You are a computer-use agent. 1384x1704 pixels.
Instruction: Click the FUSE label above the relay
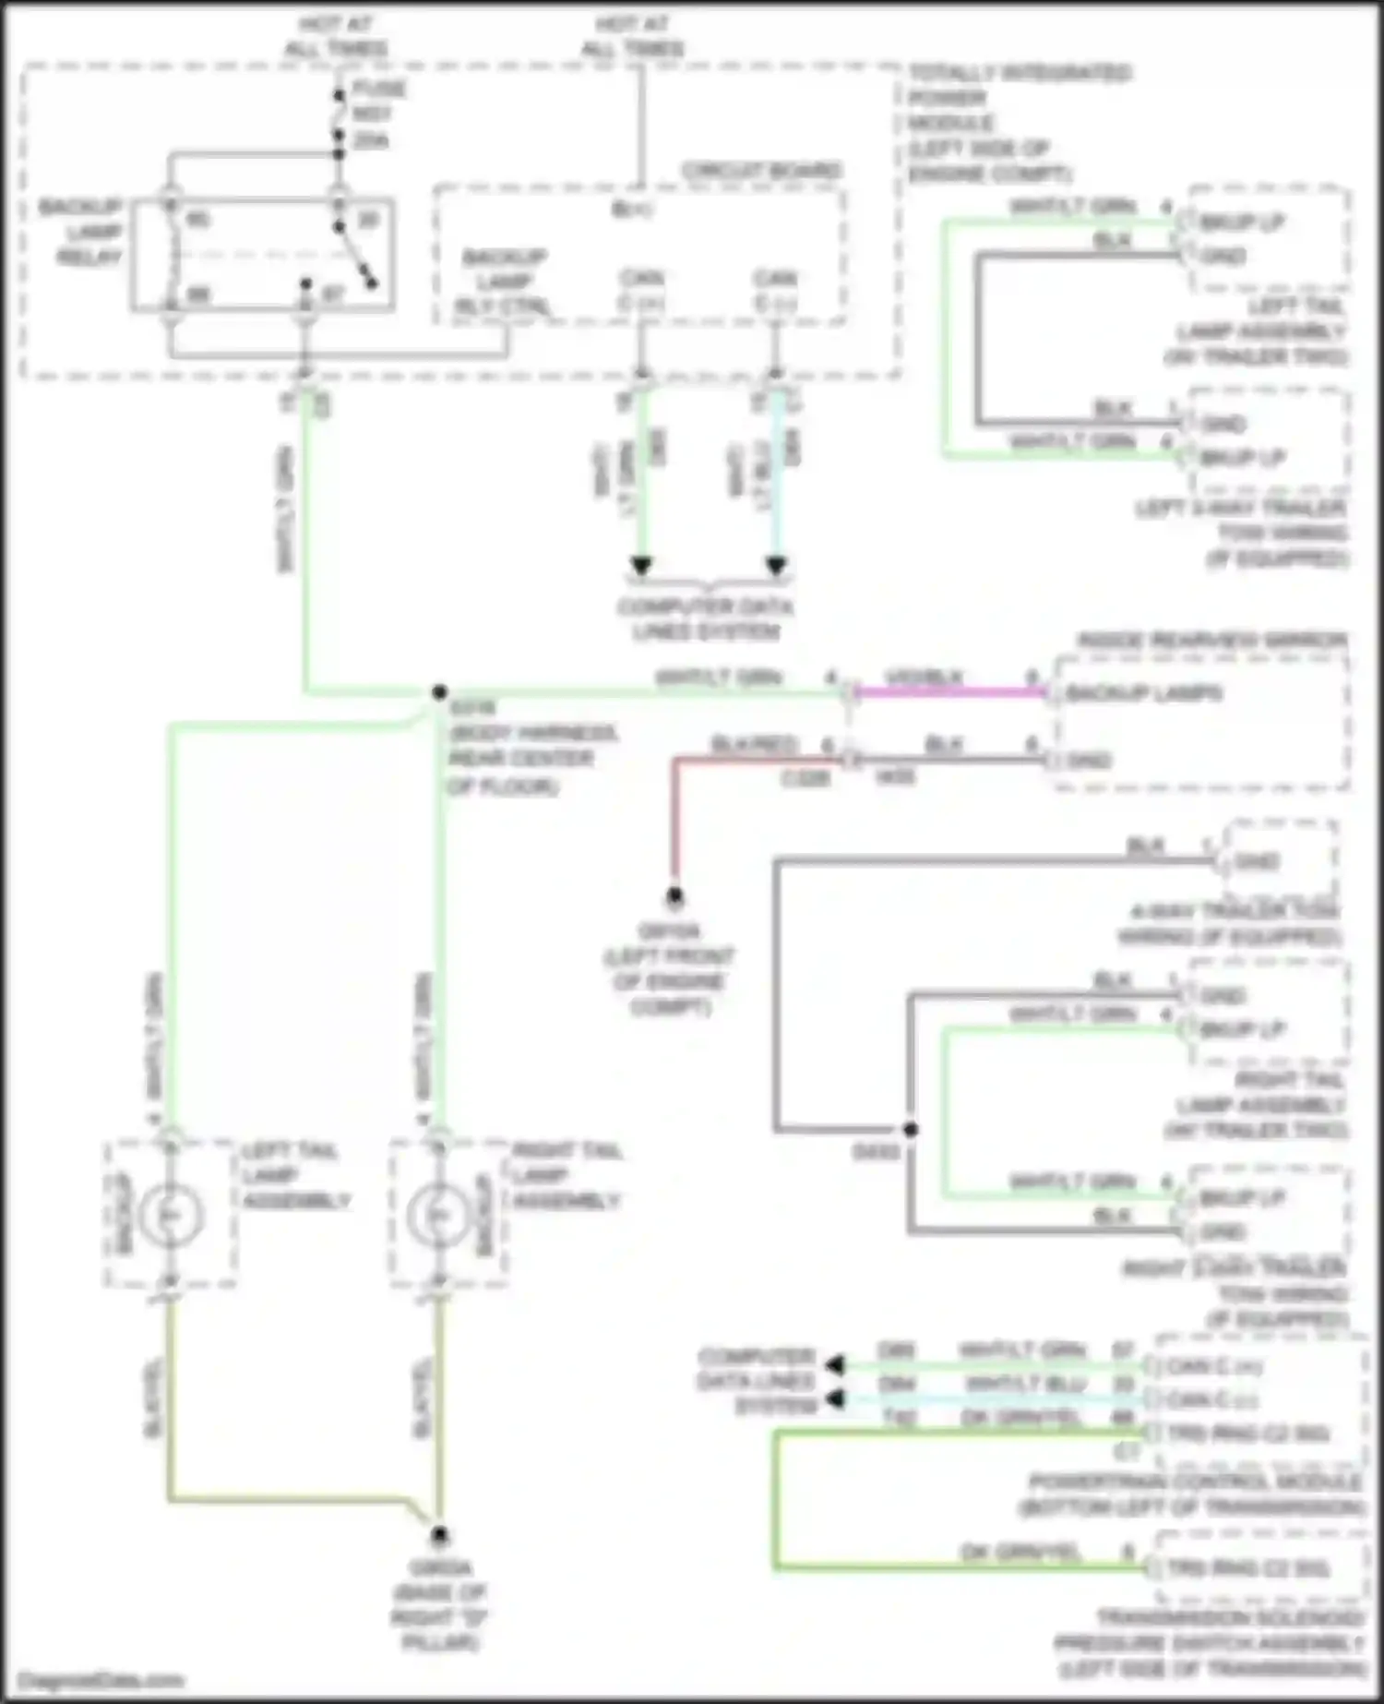point(379,89)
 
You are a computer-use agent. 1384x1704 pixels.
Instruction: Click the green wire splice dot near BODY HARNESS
point(439,691)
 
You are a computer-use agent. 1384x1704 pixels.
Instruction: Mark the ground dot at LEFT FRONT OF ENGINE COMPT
point(674,894)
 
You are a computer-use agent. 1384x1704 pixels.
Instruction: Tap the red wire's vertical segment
point(674,822)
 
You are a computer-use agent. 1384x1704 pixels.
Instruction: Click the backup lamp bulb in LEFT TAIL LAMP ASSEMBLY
point(170,1215)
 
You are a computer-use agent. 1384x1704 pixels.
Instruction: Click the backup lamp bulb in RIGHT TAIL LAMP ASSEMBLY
point(438,1215)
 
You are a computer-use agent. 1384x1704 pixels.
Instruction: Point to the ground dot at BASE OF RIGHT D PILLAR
point(439,1534)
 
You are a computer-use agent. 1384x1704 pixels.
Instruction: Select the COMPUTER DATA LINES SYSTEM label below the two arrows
point(706,619)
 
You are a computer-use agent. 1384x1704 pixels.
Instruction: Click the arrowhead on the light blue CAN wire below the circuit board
point(776,565)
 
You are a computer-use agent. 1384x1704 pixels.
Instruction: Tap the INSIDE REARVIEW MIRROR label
point(1211,640)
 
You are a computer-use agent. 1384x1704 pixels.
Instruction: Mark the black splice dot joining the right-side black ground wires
point(910,1129)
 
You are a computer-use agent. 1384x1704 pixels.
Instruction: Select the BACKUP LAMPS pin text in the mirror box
point(1143,693)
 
